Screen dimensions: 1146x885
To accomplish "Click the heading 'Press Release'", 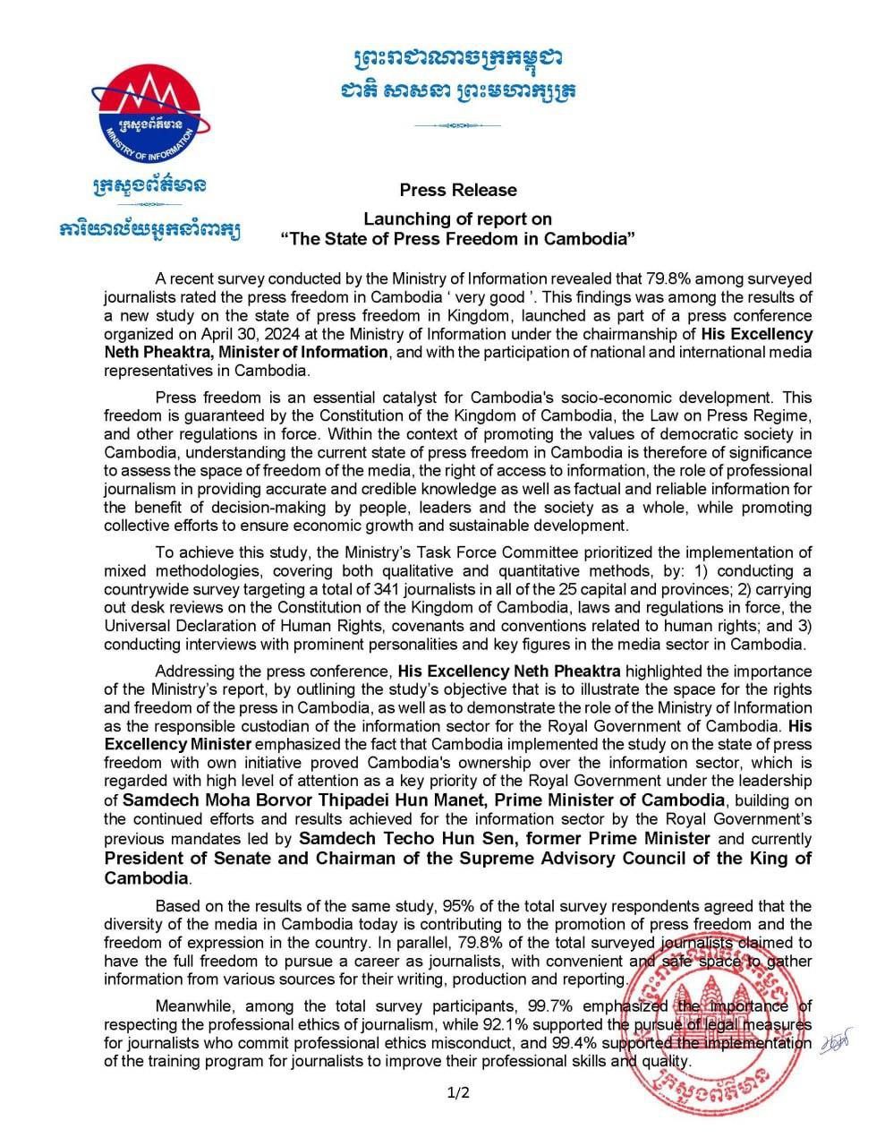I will (457, 190).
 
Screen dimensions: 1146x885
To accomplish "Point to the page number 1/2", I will (457, 1092).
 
